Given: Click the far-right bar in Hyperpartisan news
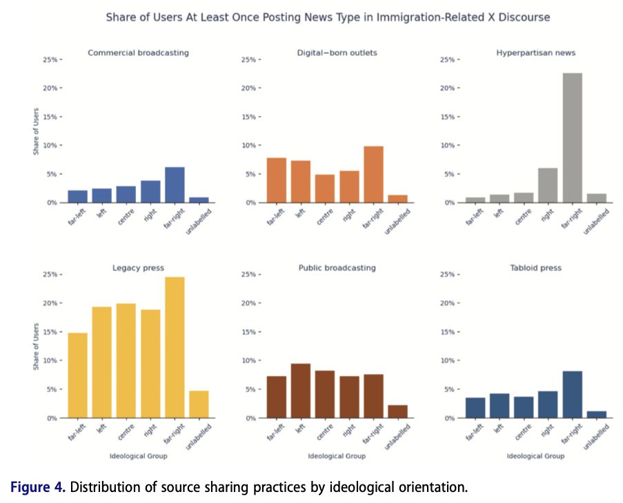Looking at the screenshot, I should [x=571, y=138].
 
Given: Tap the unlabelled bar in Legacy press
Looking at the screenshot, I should [x=199, y=404].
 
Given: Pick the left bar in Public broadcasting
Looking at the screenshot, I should [x=300, y=391].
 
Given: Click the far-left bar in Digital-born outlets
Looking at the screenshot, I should [x=276, y=180].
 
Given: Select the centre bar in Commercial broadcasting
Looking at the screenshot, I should [x=126, y=195].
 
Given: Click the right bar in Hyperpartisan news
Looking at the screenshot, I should [x=547, y=186].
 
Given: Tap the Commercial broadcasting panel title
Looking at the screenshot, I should [x=138, y=52].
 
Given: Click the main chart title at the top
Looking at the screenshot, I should [x=328, y=17].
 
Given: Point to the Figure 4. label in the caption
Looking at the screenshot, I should [x=38, y=487].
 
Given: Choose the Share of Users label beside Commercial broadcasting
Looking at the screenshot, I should [x=36, y=130].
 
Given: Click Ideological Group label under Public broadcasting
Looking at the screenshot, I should [x=337, y=456].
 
